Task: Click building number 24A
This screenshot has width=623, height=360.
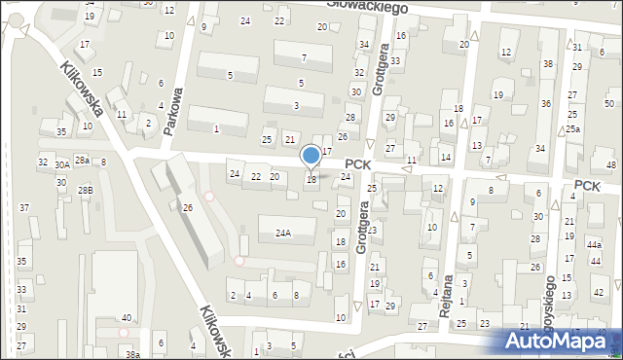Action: [282, 233]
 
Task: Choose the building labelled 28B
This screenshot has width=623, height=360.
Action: [86, 190]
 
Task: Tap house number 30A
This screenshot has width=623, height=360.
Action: [61, 166]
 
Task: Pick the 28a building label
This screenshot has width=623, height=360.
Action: [83, 160]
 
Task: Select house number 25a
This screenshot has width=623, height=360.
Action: [574, 128]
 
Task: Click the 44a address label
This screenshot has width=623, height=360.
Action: [594, 246]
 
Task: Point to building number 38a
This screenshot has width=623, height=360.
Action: [132, 355]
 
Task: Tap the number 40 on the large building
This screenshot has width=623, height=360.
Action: [127, 318]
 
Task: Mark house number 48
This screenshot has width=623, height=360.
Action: [610, 165]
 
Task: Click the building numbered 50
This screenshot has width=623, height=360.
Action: [609, 104]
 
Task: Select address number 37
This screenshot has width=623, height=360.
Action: [23, 207]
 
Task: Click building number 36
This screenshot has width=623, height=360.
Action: [546, 104]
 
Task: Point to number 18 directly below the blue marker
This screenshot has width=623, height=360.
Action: [311, 179]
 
